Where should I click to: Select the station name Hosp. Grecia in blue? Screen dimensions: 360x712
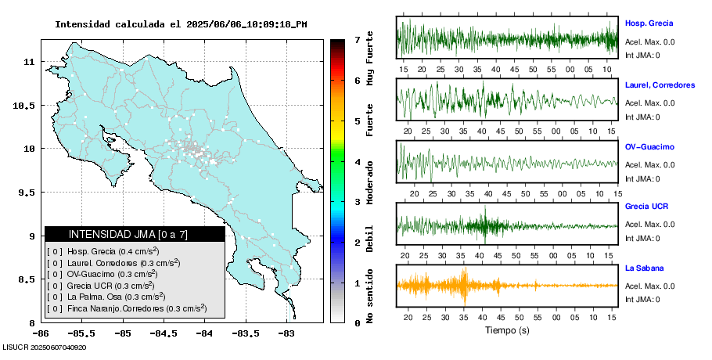tap(649, 23)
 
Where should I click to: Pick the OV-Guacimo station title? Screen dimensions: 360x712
tap(649, 147)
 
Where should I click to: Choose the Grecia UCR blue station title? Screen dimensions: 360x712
tap(646, 207)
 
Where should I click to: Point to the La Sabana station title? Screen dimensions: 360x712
tap(644, 268)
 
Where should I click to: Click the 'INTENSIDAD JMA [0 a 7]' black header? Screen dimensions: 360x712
tap(135, 234)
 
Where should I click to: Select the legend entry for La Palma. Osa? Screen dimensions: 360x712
tap(106, 297)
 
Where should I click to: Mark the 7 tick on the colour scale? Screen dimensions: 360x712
tap(357, 39)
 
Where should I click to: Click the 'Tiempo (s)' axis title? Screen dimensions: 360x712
tap(507, 330)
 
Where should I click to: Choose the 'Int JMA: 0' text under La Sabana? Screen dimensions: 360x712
tap(642, 299)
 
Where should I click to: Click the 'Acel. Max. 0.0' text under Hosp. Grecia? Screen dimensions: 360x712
tap(650, 41)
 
